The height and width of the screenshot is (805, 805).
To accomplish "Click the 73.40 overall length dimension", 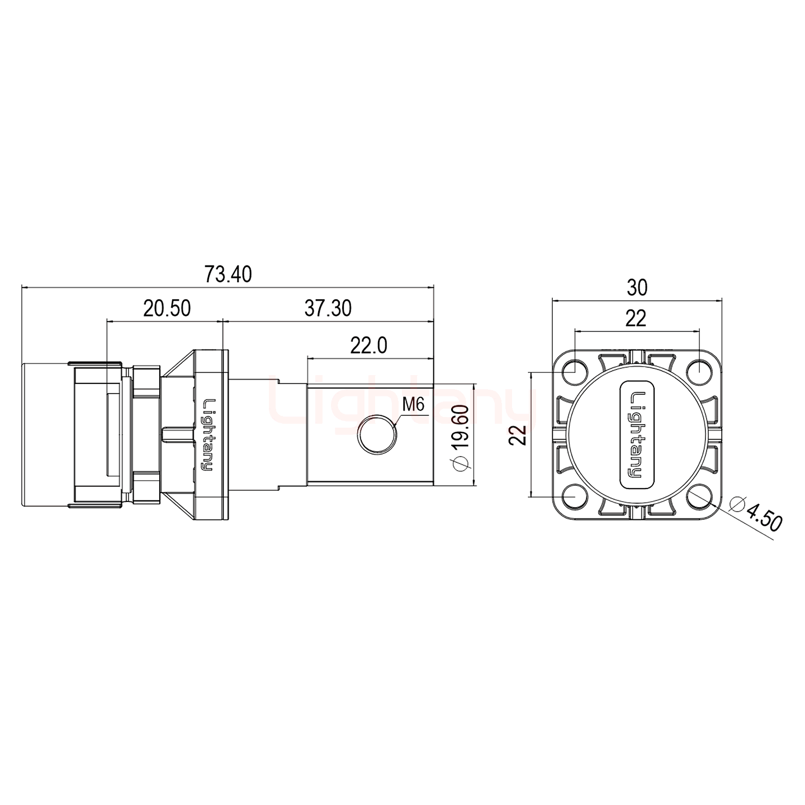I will (228, 274).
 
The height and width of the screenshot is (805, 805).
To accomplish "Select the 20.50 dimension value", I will (167, 309).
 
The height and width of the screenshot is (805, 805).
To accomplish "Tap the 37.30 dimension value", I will (328, 309).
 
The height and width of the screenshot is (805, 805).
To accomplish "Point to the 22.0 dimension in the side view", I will (368, 346).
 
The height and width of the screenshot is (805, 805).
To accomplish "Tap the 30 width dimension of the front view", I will (637, 287).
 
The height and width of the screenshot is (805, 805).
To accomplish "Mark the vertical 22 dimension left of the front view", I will (518, 434).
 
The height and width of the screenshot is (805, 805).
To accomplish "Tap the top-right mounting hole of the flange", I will (699, 371).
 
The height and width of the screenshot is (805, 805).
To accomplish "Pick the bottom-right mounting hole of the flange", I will (699, 496).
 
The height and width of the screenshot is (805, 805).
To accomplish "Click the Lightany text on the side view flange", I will (208, 434).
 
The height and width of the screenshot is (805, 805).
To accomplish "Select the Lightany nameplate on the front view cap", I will (637, 434).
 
